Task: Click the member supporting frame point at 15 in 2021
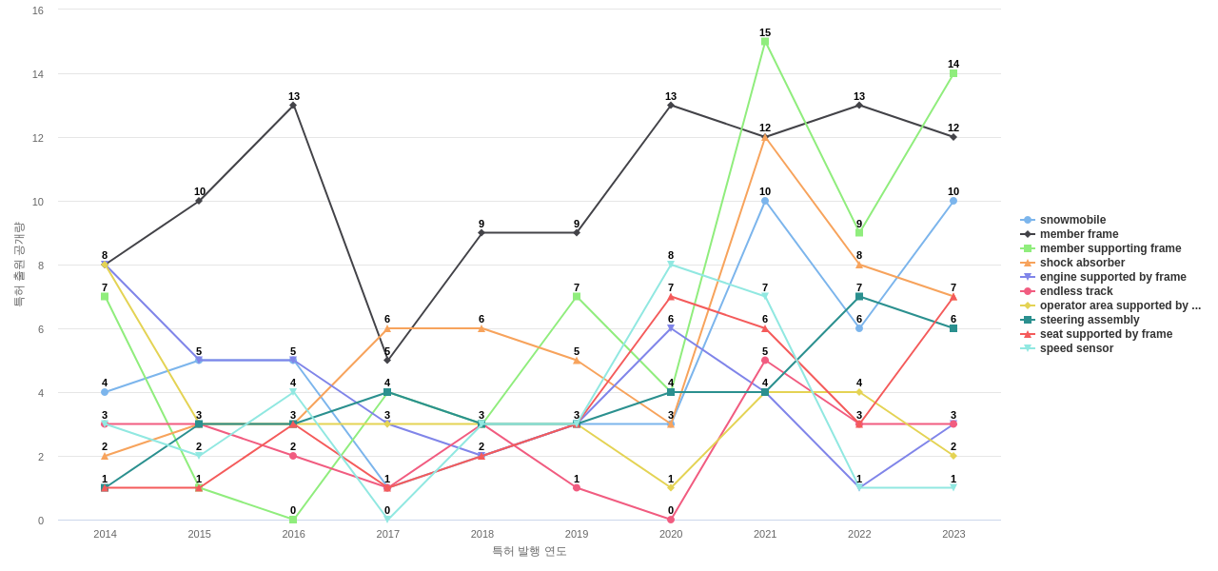[765, 42]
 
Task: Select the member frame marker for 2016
[293, 106]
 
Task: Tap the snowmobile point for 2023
[953, 201]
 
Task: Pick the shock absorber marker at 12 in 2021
[765, 137]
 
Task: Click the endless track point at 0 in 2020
[671, 520]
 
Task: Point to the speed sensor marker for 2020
[671, 265]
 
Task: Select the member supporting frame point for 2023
[953, 73]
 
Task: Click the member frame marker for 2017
[387, 360]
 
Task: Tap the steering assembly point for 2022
[859, 297]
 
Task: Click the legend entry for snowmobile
[1072, 220]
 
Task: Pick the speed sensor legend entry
[1076, 348]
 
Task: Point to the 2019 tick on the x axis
[577, 534]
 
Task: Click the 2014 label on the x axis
[105, 534]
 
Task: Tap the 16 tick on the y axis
[38, 10]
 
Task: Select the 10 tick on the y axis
[38, 202]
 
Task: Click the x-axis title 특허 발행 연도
[529, 551]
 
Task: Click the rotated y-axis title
[18, 265]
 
